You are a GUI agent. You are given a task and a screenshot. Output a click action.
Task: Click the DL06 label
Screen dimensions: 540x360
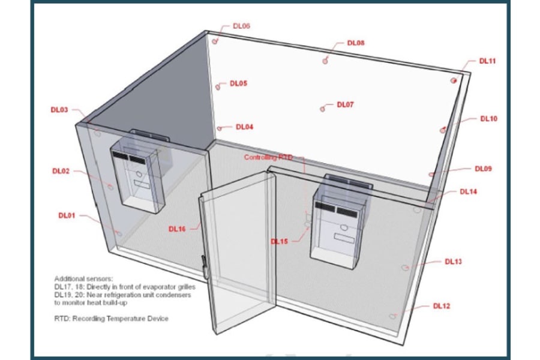[x=241, y=26]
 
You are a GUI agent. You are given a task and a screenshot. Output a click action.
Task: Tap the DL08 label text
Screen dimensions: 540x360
[x=356, y=43]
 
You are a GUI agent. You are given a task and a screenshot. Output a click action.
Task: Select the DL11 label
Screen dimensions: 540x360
[x=487, y=61]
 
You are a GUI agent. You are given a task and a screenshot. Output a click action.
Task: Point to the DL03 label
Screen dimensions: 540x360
[x=59, y=110]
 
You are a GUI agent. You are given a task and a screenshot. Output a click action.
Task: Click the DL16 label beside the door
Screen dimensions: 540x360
[x=177, y=229]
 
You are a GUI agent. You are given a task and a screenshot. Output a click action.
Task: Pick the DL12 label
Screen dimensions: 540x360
[x=442, y=306]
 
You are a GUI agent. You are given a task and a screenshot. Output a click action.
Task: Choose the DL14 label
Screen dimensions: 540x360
[x=469, y=191]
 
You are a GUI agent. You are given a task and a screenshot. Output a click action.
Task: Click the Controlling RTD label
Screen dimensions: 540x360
[x=268, y=157]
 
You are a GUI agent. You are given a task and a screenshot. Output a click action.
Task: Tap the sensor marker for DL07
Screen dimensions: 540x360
[x=322, y=109]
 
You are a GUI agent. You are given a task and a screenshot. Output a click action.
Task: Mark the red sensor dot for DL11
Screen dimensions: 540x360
[x=454, y=80]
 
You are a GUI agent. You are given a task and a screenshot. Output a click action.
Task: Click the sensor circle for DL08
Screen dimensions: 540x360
[x=325, y=61]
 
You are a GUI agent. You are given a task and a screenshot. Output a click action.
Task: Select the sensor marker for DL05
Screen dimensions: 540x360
[x=218, y=87]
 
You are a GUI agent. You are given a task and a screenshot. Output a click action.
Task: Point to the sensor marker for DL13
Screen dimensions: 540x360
[x=406, y=268]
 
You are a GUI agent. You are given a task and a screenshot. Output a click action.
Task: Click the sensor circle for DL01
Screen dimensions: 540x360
[x=119, y=234]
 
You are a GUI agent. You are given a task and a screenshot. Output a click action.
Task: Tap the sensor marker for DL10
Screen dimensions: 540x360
[x=443, y=130]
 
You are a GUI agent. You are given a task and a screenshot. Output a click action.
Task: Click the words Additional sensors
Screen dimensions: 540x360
[x=83, y=278]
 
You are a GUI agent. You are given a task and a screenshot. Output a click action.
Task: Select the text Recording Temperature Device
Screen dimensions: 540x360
[x=121, y=319]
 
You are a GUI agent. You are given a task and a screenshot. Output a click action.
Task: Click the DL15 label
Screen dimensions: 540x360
[x=279, y=241]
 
